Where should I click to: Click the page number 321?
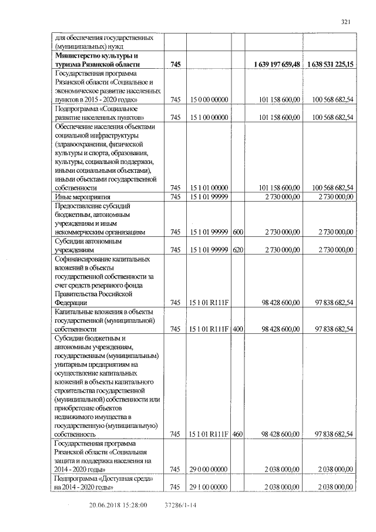coord(345,22)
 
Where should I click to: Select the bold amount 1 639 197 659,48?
coord(277,63)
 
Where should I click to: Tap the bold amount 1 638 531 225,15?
coord(330,63)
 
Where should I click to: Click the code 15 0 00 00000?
coord(209,101)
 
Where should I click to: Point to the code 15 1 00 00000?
coord(209,118)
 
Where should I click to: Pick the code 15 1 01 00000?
coord(209,188)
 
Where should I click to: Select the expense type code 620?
coord(238,250)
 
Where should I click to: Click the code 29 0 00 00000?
coord(209,470)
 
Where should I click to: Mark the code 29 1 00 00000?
coord(209,487)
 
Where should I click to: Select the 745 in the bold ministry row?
coord(175,63)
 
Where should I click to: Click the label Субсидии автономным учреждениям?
coord(88,245)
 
